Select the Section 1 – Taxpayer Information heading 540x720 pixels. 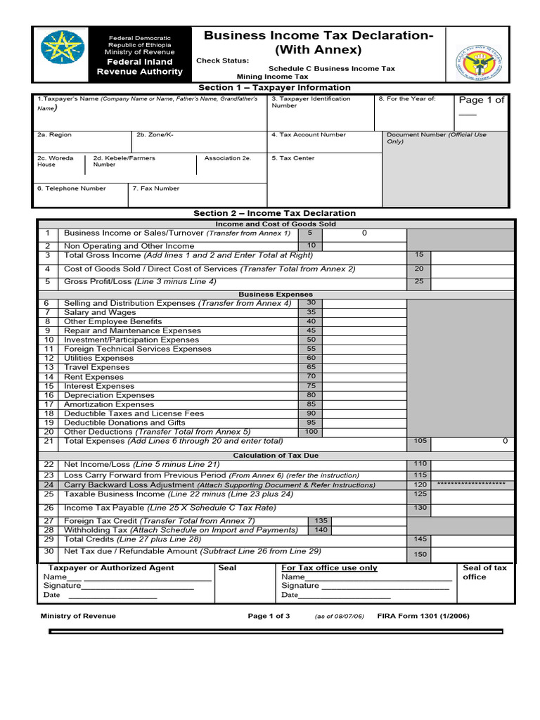tap(274, 88)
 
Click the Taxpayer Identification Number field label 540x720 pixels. tap(311, 102)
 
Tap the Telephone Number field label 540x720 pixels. tap(72, 188)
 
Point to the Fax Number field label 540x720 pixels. tap(156, 188)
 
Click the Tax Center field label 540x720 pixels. tap(293, 158)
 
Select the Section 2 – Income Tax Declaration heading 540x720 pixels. tap(274, 213)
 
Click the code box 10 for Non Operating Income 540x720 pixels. tap(310, 245)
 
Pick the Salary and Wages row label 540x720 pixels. tap(100, 312)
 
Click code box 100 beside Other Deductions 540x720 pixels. tap(310, 431)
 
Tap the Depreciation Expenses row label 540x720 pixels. tap(109, 395)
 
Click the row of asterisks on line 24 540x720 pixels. tap(470, 484)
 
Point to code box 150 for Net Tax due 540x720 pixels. tap(420, 555)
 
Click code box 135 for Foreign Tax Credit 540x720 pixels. tap(321, 521)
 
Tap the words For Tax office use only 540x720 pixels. tap(329, 567)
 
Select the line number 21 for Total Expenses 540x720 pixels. tap(48, 441)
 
